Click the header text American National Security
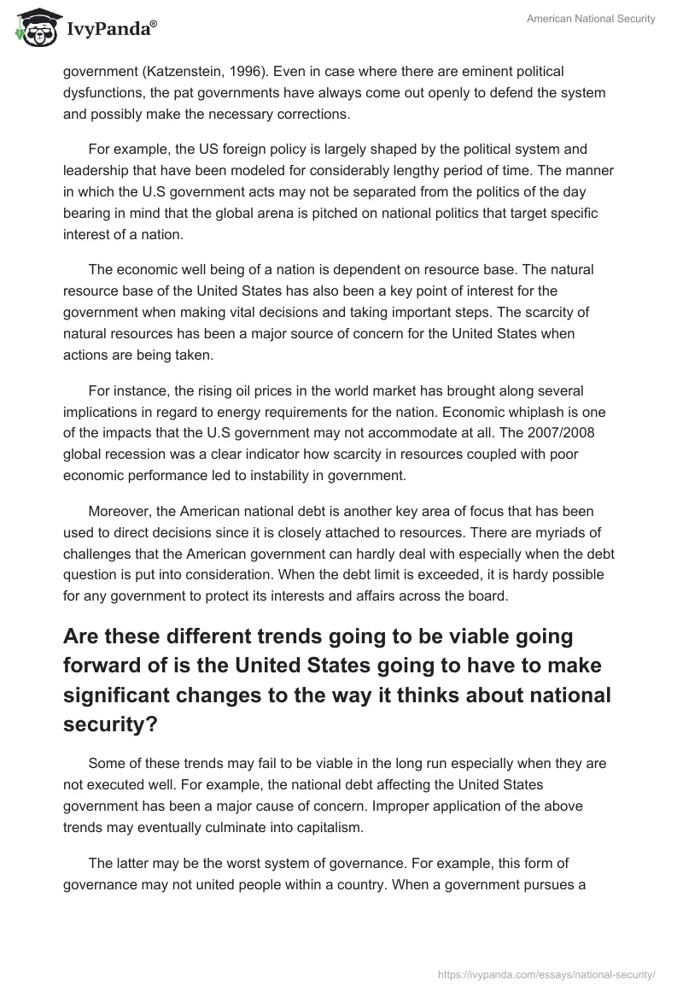(x=592, y=20)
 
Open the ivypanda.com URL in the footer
(x=546, y=973)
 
